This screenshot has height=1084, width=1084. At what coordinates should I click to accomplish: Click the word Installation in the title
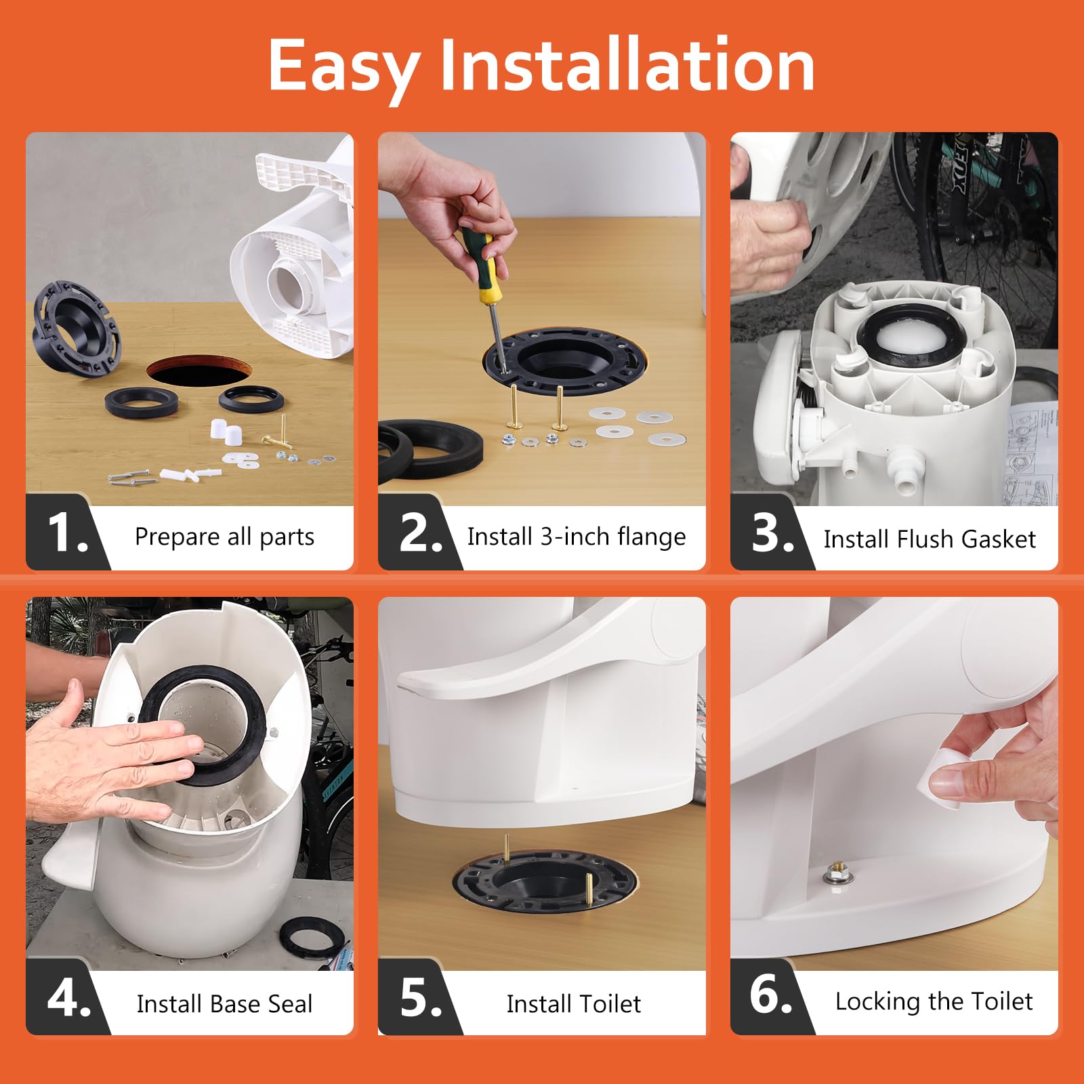point(627,66)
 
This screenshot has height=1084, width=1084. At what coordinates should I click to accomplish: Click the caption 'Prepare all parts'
point(224,537)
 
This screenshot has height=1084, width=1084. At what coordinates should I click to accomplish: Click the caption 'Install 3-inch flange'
point(576,537)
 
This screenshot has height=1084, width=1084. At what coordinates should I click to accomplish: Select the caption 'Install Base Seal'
point(224,1004)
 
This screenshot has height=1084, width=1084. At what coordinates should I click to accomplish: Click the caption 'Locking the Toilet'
point(934,1001)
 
